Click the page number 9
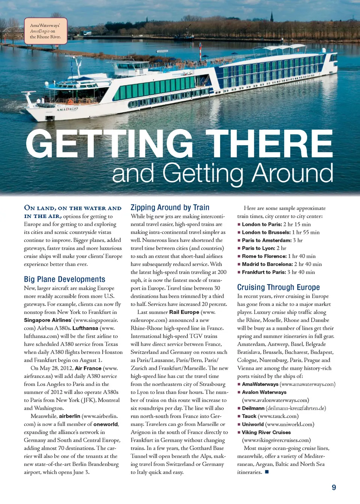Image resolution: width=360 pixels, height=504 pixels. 334,487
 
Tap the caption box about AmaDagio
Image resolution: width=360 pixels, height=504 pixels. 45,31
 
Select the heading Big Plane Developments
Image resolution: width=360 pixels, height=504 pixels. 64,279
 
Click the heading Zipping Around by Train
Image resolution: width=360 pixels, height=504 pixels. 170,207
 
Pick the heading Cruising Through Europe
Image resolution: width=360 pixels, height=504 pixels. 278,287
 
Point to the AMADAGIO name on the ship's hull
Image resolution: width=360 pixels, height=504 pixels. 67,109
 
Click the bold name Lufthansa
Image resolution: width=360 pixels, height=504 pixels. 85,328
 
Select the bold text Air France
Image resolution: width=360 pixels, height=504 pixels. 88,368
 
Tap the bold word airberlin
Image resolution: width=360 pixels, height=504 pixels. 69,416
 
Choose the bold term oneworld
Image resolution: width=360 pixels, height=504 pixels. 106,424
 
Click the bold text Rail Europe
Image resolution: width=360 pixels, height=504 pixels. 184,312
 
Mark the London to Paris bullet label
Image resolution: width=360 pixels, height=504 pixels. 262,224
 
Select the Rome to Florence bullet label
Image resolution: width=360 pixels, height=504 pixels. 264,256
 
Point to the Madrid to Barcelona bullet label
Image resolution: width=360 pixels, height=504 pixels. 267,264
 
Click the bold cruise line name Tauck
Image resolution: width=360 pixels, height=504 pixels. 249,416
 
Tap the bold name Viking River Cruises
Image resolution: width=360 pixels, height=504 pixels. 266,432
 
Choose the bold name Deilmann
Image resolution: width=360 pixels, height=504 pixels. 253,408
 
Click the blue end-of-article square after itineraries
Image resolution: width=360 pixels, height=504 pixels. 267,472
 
